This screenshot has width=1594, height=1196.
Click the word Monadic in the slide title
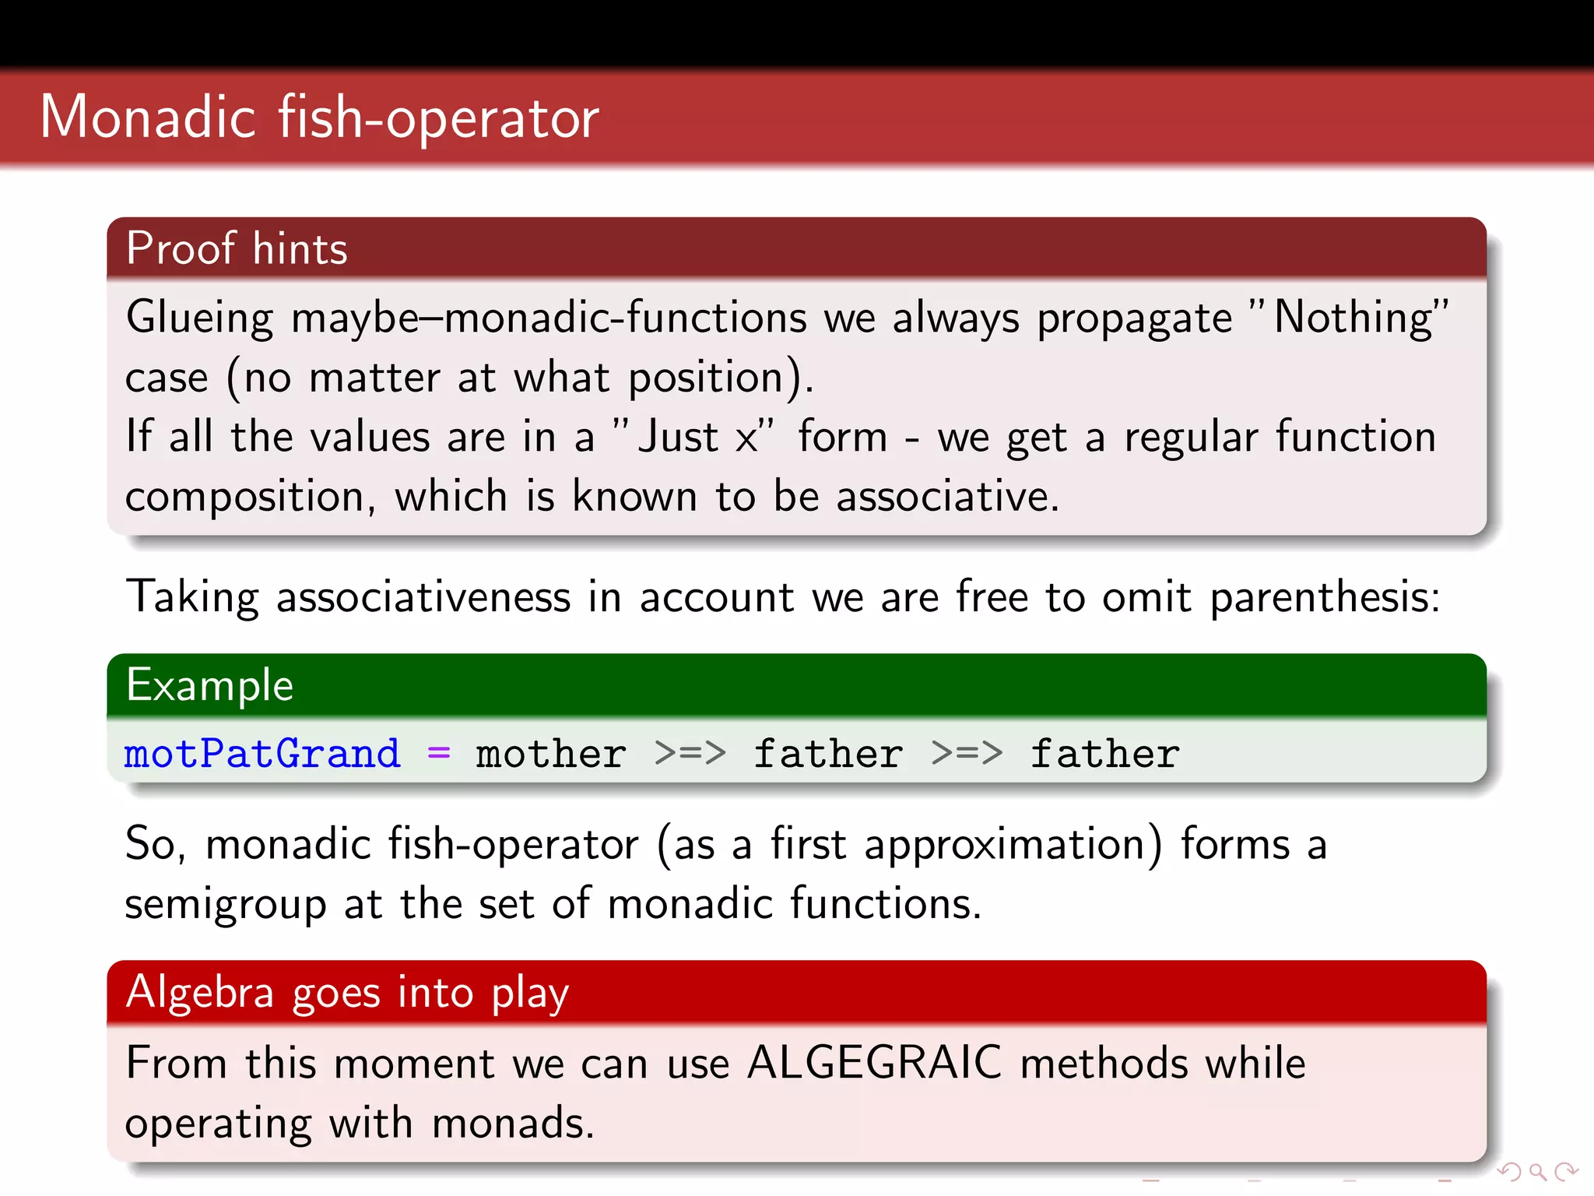click(x=148, y=118)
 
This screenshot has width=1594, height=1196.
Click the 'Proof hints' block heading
click(x=237, y=249)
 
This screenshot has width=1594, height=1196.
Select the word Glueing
click(x=199, y=318)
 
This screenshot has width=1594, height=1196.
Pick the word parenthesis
click(x=1323, y=598)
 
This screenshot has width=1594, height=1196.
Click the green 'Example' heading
click(x=209, y=686)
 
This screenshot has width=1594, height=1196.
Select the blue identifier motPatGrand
click(x=262, y=754)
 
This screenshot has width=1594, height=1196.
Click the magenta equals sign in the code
click(x=438, y=754)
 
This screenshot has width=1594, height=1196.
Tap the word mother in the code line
click(x=551, y=754)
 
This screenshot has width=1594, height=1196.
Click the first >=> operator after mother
click(x=690, y=754)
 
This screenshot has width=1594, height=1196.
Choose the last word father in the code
click(x=1104, y=754)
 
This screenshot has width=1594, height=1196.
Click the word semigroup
click(x=225, y=906)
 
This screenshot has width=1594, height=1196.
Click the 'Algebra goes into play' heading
click(x=347, y=993)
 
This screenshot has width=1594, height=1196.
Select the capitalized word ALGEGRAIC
click(x=874, y=1063)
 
